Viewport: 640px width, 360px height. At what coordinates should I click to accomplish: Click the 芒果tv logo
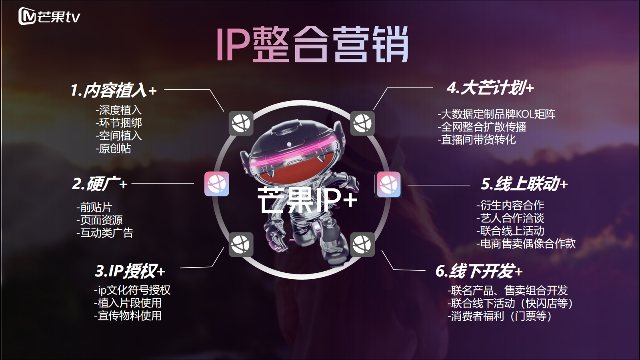point(49,16)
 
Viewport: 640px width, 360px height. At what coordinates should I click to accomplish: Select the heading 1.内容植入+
point(114,90)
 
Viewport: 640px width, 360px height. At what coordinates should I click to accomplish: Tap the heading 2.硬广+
point(100,184)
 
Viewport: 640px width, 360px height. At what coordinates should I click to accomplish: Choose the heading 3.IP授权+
point(130,271)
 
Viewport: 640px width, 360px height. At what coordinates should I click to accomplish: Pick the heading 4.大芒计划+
point(490,88)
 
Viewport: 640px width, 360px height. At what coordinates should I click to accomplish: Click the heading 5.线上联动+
point(524,184)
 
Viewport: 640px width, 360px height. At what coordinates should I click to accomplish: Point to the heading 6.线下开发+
point(479,271)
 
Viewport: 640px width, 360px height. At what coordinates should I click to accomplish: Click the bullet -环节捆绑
point(118,123)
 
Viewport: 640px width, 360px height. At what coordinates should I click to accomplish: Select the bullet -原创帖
point(113,148)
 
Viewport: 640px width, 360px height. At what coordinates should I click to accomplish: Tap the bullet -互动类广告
point(105,233)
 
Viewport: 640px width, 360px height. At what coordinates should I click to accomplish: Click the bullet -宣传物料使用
point(128,316)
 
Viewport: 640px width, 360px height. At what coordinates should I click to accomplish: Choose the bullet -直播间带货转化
point(477,140)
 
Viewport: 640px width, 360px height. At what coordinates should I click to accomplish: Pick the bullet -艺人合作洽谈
point(510,218)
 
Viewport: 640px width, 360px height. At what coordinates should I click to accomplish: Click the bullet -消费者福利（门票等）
point(500,316)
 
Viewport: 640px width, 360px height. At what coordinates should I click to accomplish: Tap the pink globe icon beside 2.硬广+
point(217,184)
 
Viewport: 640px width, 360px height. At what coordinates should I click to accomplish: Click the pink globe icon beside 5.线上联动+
point(388,184)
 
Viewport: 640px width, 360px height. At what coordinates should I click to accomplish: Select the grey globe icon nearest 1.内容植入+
point(241,124)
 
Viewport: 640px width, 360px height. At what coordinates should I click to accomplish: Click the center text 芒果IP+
point(308,200)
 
